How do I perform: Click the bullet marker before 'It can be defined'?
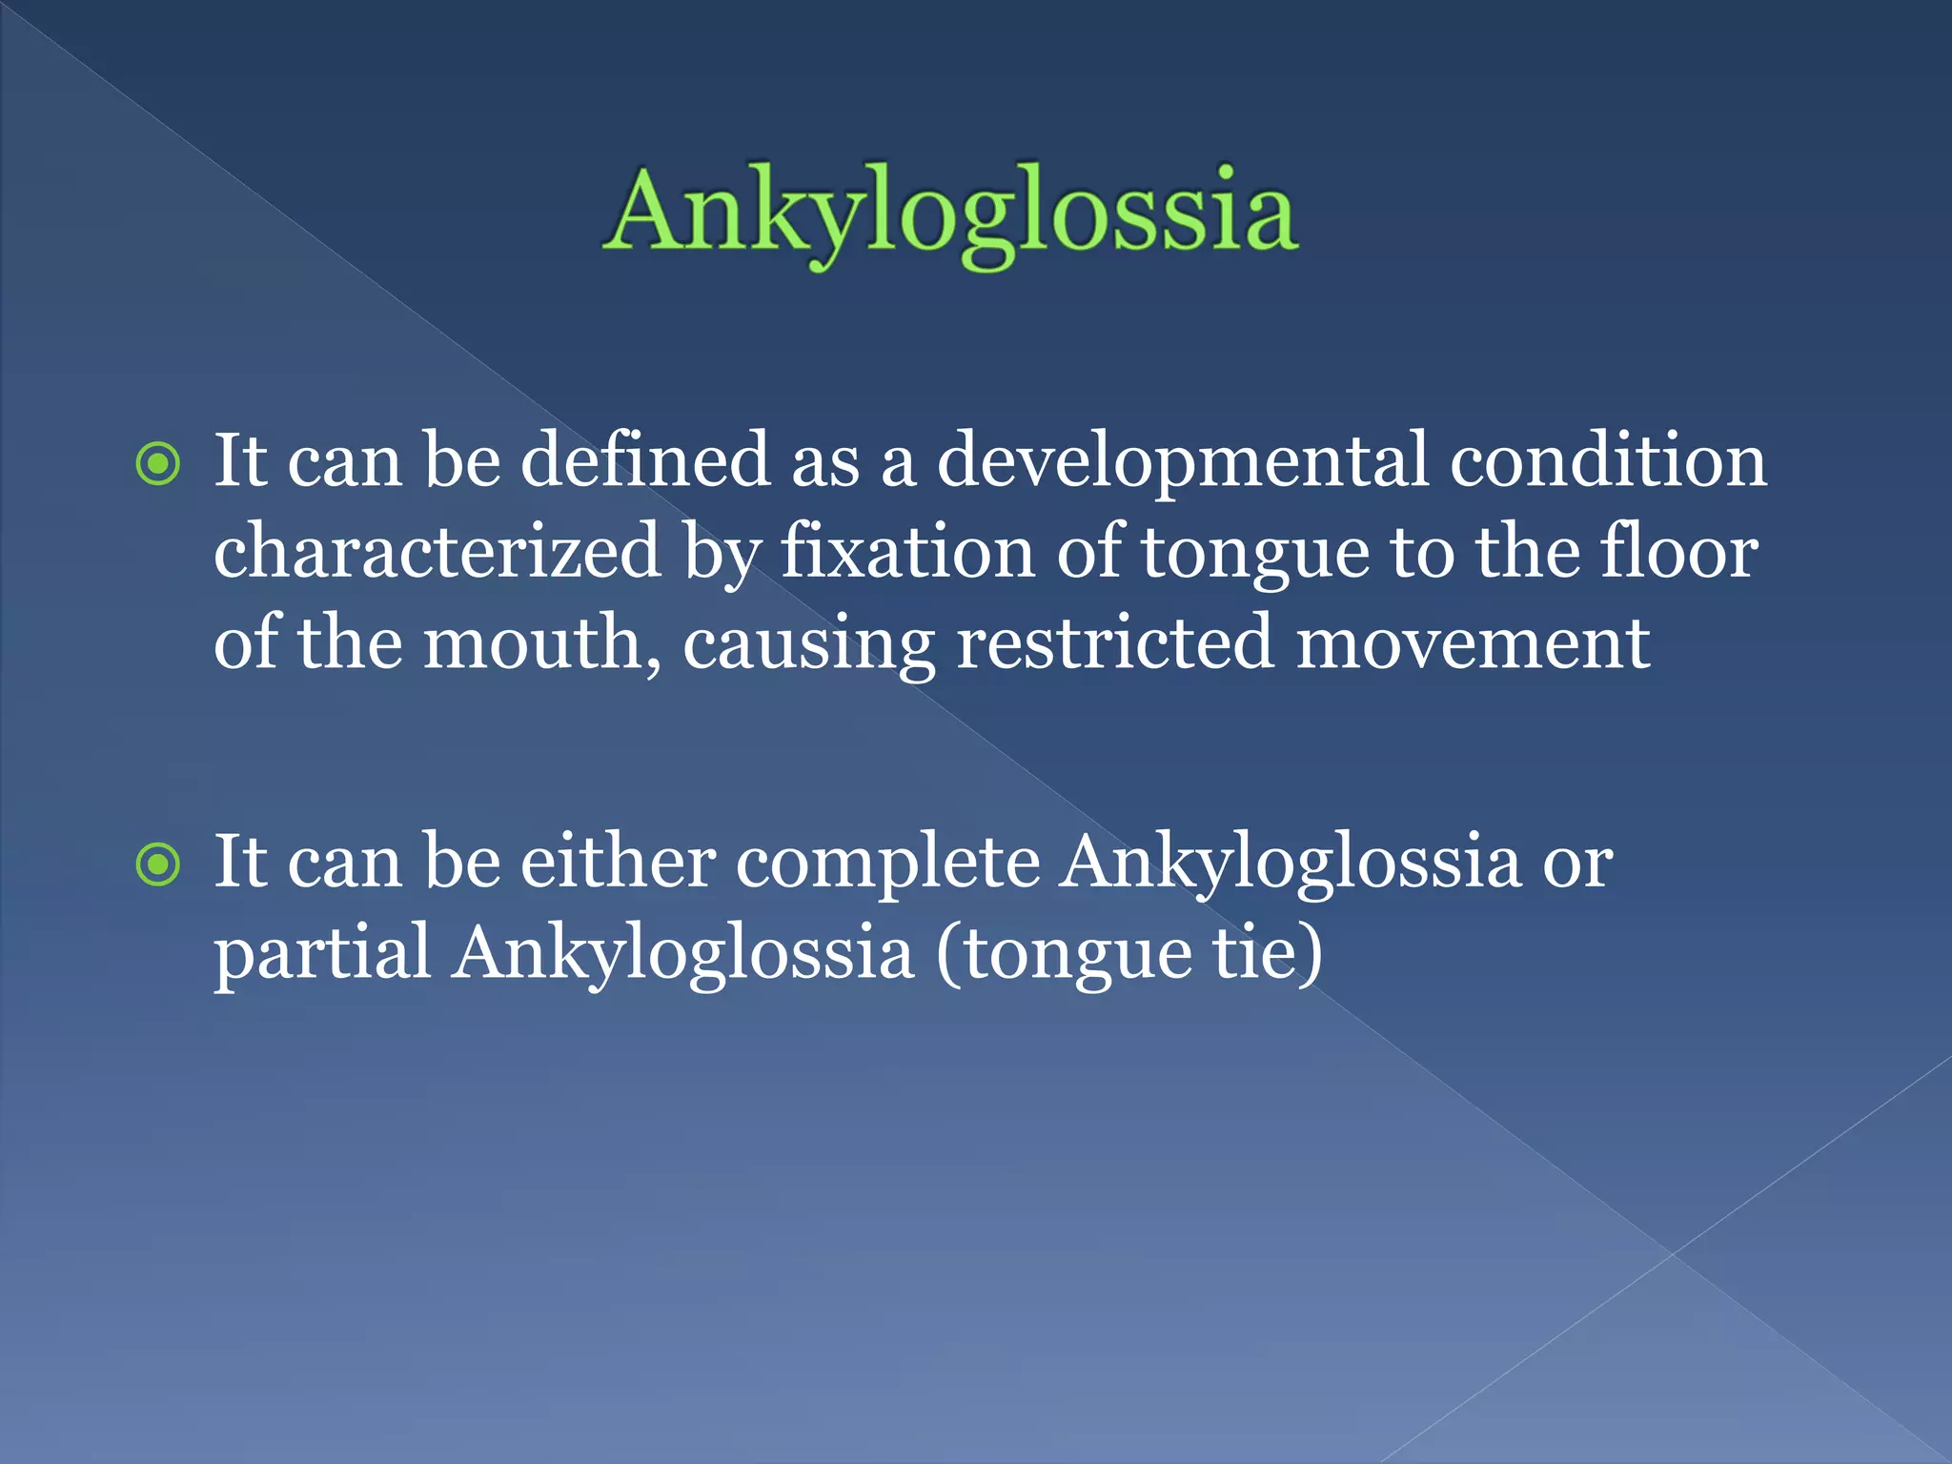click(158, 465)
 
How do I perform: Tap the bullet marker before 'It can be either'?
click(158, 865)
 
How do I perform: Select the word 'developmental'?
click(1183, 461)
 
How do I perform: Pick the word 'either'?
click(618, 862)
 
